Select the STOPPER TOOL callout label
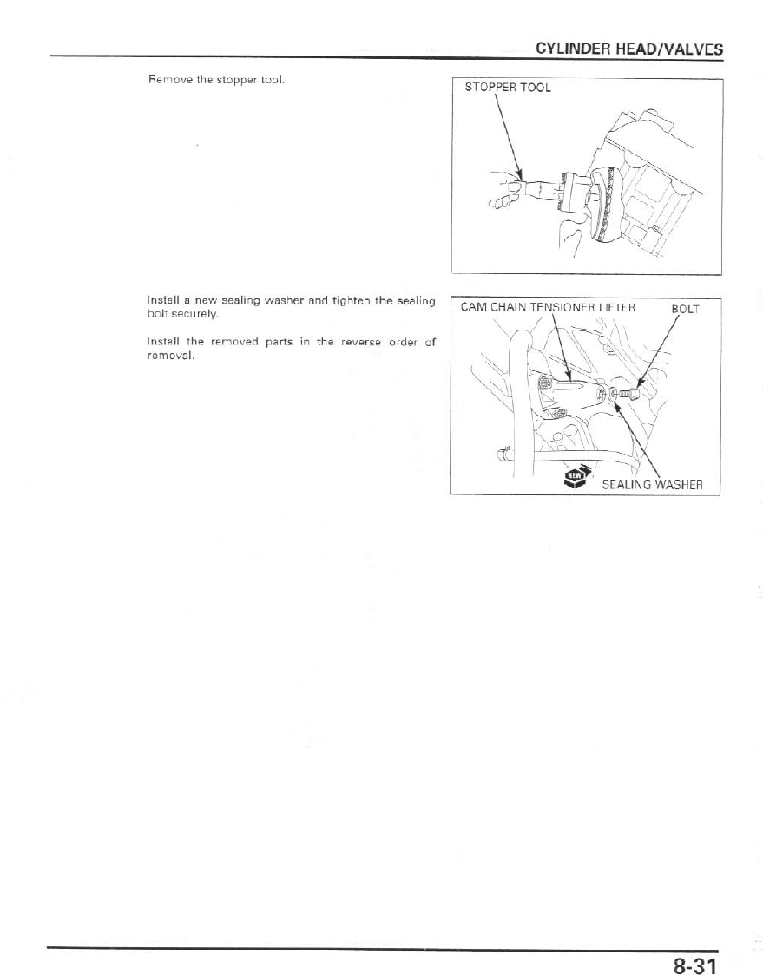[x=508, y=88]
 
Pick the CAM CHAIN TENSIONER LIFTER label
[x=548, y=308]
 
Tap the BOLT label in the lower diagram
[x=685, y=308]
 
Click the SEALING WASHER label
[x=652, y=483]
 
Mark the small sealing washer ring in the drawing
[x=614, y=395]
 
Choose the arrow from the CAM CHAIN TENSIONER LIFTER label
[x=561, y=348]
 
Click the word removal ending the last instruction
[x=168, y=356]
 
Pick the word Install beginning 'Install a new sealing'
[x=163, y=300]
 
